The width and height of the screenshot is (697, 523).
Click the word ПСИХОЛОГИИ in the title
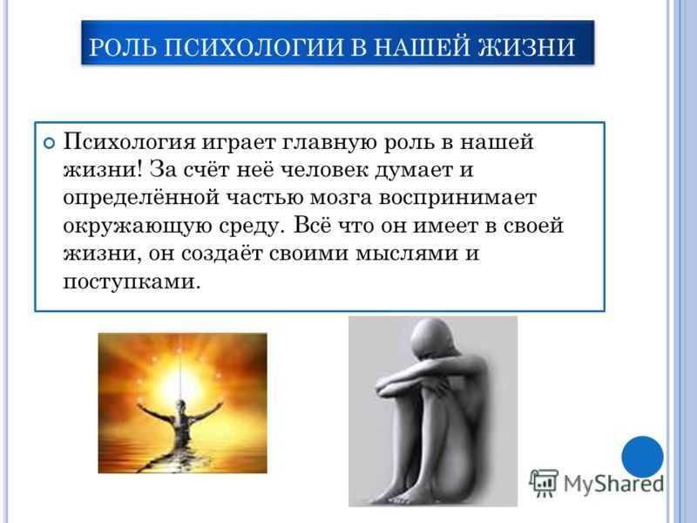254,47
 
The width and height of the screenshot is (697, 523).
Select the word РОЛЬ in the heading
123,47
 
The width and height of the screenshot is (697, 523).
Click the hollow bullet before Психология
49,143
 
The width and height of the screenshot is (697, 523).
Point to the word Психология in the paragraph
129,143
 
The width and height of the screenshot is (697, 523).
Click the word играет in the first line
240,143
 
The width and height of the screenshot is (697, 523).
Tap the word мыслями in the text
400,254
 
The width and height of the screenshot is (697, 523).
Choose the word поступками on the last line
129,282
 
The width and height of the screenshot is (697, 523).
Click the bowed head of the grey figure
431,339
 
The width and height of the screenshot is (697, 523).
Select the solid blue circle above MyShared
642,457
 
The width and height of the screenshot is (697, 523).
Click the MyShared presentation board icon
544,483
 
